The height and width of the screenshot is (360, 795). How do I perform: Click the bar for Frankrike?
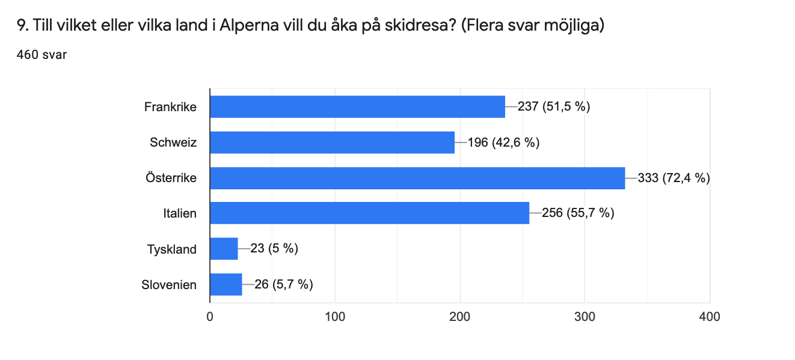click(357, 107)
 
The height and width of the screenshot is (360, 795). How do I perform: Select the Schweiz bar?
click(332, 142)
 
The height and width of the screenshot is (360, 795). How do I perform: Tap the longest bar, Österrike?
click(417, 178)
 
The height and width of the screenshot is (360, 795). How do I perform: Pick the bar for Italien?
click(369, 213)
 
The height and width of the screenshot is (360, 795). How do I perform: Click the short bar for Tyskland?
click(224, 248)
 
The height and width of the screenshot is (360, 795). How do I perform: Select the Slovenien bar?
click(226, 284)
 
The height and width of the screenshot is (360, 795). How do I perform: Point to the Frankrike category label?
click(170, 107)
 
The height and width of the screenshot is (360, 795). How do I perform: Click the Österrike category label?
click(171, 178)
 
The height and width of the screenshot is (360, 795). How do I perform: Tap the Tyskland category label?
click(172, 249)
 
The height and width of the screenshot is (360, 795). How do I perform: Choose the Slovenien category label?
click(169, 284)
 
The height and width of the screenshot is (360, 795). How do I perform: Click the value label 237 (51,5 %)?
click(554, 107)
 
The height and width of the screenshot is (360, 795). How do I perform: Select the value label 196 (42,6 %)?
click(503, 142)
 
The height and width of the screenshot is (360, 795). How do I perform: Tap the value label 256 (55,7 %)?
click(578, 213)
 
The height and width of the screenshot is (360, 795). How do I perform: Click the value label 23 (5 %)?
click(274, 248)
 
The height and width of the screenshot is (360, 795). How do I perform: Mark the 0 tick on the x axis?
click(210, 316)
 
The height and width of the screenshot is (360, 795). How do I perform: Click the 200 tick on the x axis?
click(460, 316)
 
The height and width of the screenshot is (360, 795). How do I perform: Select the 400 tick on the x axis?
click(710, 316)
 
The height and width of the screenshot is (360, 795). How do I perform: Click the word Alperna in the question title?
click(244, 26)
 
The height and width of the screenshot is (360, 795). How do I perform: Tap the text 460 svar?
click(41, 55)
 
